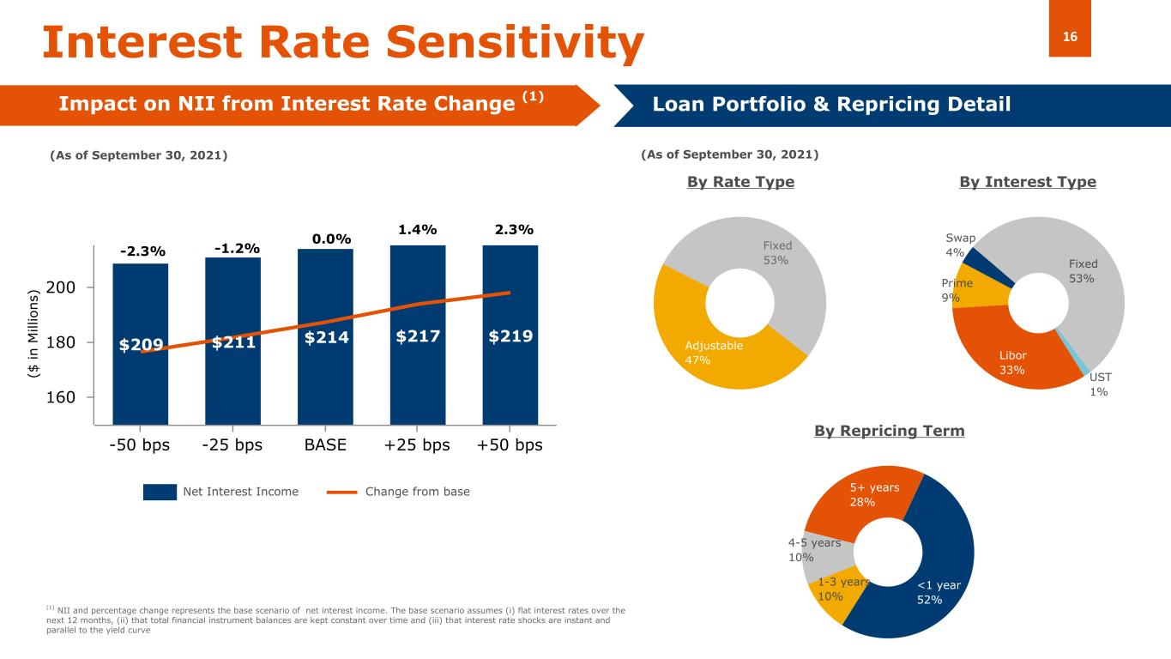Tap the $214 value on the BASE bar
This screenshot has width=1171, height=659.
326,337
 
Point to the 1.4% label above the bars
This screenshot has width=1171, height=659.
418,230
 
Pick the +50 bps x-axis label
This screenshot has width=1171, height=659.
510,446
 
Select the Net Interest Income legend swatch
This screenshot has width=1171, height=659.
159,492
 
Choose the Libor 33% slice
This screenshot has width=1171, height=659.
1013,362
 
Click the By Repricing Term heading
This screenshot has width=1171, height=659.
889,431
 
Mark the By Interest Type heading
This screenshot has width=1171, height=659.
1027,182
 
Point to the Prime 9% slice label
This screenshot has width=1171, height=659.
957,290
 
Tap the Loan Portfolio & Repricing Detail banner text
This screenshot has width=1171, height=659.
831,105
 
